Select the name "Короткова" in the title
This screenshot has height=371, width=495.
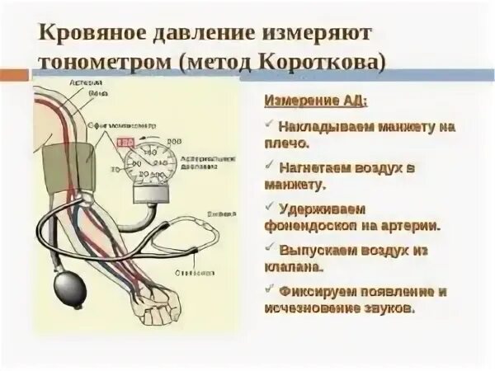325,63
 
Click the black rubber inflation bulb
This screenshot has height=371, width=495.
68,289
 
